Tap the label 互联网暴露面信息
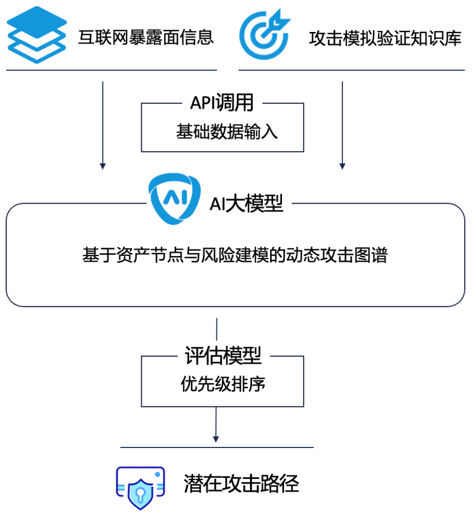click(146, 38)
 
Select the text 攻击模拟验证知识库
click(384, 38)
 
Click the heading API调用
click(222, 103)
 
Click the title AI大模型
click(246, 204)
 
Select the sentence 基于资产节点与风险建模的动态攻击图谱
click(235, 256)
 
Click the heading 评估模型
click(223, 357)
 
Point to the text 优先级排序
click(223, 385)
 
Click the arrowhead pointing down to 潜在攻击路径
click(216, 438)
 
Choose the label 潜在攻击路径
click(241, 484)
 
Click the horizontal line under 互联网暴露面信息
click(111, 70)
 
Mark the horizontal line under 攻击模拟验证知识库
click(351, 70)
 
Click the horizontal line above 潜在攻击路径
click(217, 447)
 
